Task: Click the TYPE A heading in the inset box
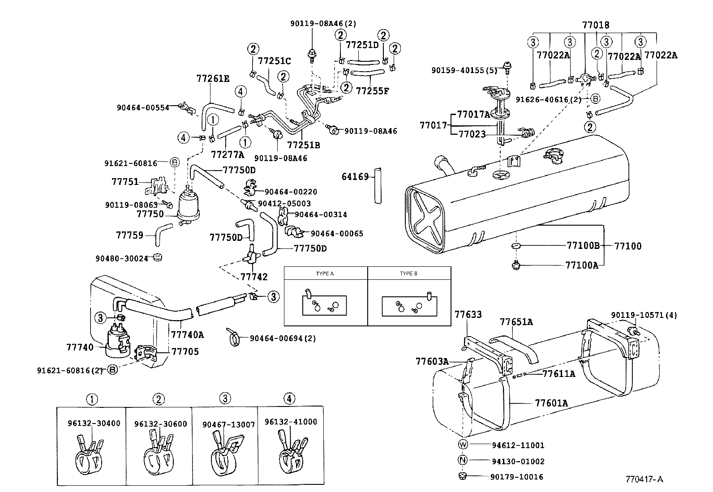pos(325,273)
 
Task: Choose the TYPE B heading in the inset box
pos(408,273)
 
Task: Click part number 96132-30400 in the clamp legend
pos(94,423)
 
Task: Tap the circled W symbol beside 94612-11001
pos(463,445)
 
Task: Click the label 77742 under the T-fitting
pos(254,277)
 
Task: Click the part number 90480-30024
pos(121,258)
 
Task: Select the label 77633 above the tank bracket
pos(468,315)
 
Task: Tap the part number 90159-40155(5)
pos(464,70)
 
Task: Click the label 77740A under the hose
pos(187,334)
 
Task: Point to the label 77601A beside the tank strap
pos(551,403)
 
